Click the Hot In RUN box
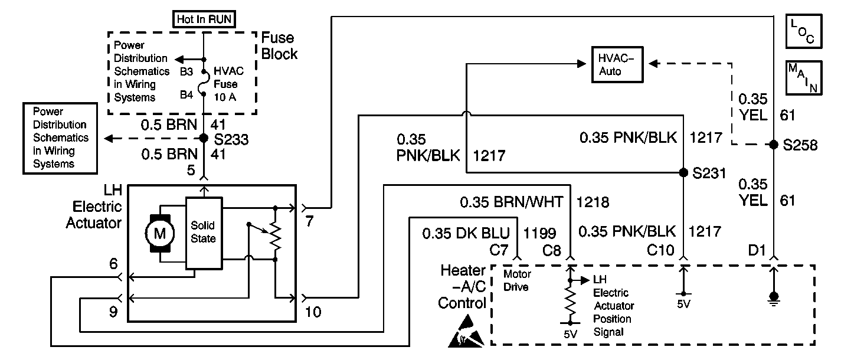click(204, 19)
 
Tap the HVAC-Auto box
click(617, 64)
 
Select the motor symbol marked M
click(160, 234)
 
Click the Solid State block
click(204, 233)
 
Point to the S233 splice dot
click(204, 138)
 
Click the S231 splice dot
click(683, 172)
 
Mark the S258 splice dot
click(773, 145)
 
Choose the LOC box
click(804, 31)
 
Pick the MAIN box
click(804, 78)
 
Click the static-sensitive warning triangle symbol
click(466, 332)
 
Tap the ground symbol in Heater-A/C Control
click(774, 299)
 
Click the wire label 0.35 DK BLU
click(466, 233)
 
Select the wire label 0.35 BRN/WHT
click(511, 202)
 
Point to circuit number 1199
click(539, 233)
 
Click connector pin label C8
click(552, 250)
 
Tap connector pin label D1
click(757, 250)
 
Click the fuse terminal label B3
click(186, 71)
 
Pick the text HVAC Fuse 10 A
click(228, 84)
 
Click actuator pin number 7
click(309, 221)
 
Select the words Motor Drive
click(517, 280)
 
